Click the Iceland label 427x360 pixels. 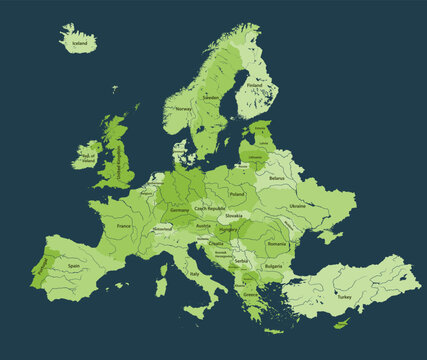tap(79, 44)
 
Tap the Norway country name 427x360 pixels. tap(183, 109)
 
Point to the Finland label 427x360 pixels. tap(254, 86)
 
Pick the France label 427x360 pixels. tap(124, 226)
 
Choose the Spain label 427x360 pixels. tap(74, 266)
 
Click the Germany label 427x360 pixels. tap(180, 212)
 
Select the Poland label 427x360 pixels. tap(237, 194)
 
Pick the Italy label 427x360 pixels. tap(195, 273)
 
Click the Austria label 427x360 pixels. tap(204, 226)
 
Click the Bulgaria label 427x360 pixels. tap(272, 267)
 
